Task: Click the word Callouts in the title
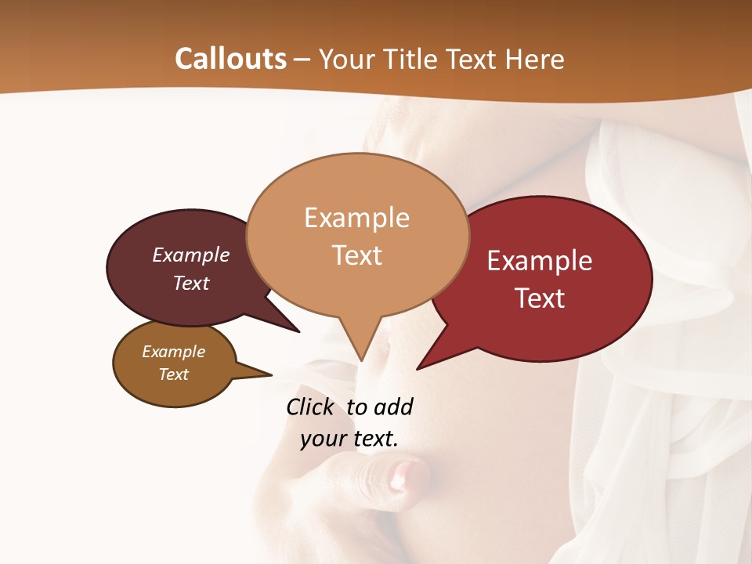[x=230, y=59]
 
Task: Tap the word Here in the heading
[x=535, y=59]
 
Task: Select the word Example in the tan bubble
[x=356, y=218]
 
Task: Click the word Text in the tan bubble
[x=356, y=255]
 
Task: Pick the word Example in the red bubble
[x=540, y=261]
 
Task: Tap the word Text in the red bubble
[x=540, y=298]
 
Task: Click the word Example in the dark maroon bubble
[x=191, y=255]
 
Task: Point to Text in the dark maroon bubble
[x=191, y=283]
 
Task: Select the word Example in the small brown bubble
[x=174, y=352]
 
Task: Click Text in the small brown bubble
[x=174, y=374]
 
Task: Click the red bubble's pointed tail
[x=420, y=367]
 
